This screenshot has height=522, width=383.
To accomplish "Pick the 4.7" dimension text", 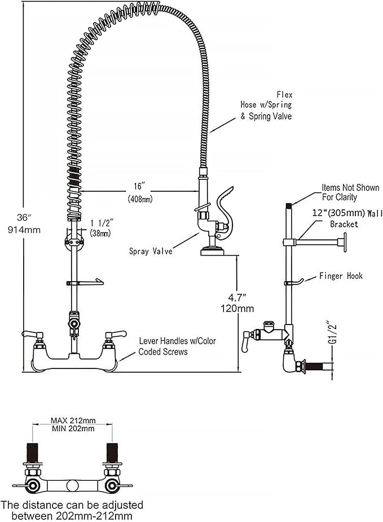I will [x=237, y=297].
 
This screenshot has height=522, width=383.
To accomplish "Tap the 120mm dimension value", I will [x=237, y=309].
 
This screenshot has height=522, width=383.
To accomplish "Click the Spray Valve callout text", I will [x=150, y=251].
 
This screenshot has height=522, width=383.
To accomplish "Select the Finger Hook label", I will [x=341, y=276].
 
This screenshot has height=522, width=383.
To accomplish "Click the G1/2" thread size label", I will [x=332, y=333].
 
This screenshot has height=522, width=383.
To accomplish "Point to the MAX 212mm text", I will [x=73, y=420].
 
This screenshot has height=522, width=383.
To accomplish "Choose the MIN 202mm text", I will [x=73, y=429].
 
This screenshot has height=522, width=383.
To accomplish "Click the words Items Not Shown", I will [x=350, y=187].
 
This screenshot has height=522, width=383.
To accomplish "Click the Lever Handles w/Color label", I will [x=178, y=341].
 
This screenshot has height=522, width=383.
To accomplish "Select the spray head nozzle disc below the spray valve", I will [x=213, y=251].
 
